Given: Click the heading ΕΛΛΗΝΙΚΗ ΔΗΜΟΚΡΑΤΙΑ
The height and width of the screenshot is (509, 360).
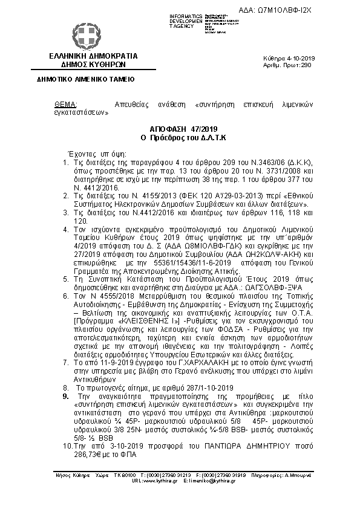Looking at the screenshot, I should pos(94,56).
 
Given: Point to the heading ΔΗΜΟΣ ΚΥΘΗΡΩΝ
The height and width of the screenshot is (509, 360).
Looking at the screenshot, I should pos(94,63).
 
